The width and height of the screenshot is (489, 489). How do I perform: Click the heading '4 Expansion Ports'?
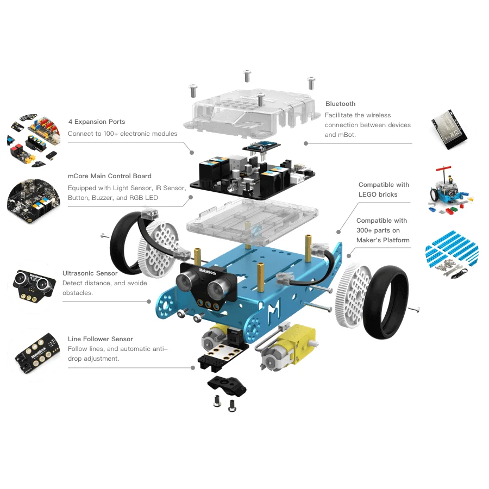point(96,122)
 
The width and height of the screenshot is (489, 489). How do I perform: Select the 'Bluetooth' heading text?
point(340,104)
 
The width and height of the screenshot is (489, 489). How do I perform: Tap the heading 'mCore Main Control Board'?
point(109,176)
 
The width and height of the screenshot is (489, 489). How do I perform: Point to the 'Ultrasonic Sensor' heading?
point(90,273)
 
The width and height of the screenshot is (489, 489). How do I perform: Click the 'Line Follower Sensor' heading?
point(100,339)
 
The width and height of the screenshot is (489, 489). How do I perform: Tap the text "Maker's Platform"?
point(383,240)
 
